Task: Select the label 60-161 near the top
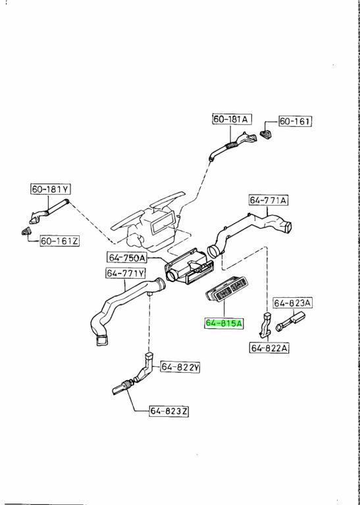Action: (295, 122)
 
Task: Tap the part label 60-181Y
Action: (51, 189)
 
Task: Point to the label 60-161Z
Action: (60, 241)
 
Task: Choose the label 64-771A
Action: (269, 201)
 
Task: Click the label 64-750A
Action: (127, 258)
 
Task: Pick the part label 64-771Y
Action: (125, 274)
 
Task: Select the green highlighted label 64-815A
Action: (224, 323)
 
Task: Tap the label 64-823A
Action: (293, 302)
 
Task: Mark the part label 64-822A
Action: (269, 348)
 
